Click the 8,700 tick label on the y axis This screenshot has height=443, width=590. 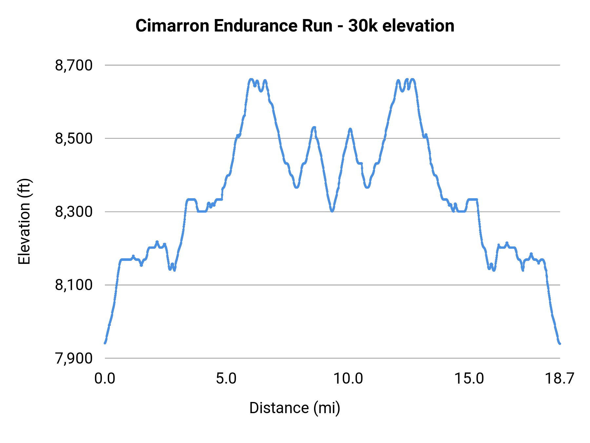tap(74, 65)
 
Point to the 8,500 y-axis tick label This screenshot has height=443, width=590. tap(74, 138)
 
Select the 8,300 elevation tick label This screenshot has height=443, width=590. tap(74, 212)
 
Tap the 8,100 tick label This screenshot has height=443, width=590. tap(74, 285)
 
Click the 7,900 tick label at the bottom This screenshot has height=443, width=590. tap(74, 358)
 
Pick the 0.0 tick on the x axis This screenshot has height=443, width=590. tap(105, 379)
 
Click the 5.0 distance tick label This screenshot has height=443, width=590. tap(226, 379)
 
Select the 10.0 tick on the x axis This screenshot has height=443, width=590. tap(348, 379)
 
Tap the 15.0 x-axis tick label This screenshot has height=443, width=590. tap(469, 379)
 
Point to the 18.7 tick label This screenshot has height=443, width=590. tap(559, 379)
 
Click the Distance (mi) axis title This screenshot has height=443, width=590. tap(295, 408)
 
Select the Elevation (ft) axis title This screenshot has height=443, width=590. tap(24, 221)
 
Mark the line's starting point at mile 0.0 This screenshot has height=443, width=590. tap(105, 343)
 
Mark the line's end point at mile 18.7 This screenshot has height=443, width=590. tap(560, 343)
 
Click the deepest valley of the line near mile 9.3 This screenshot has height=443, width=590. tap(332, 211)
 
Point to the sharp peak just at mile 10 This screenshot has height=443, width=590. tap(350, 129)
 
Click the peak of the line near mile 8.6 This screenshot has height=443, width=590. tap(314, 127)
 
